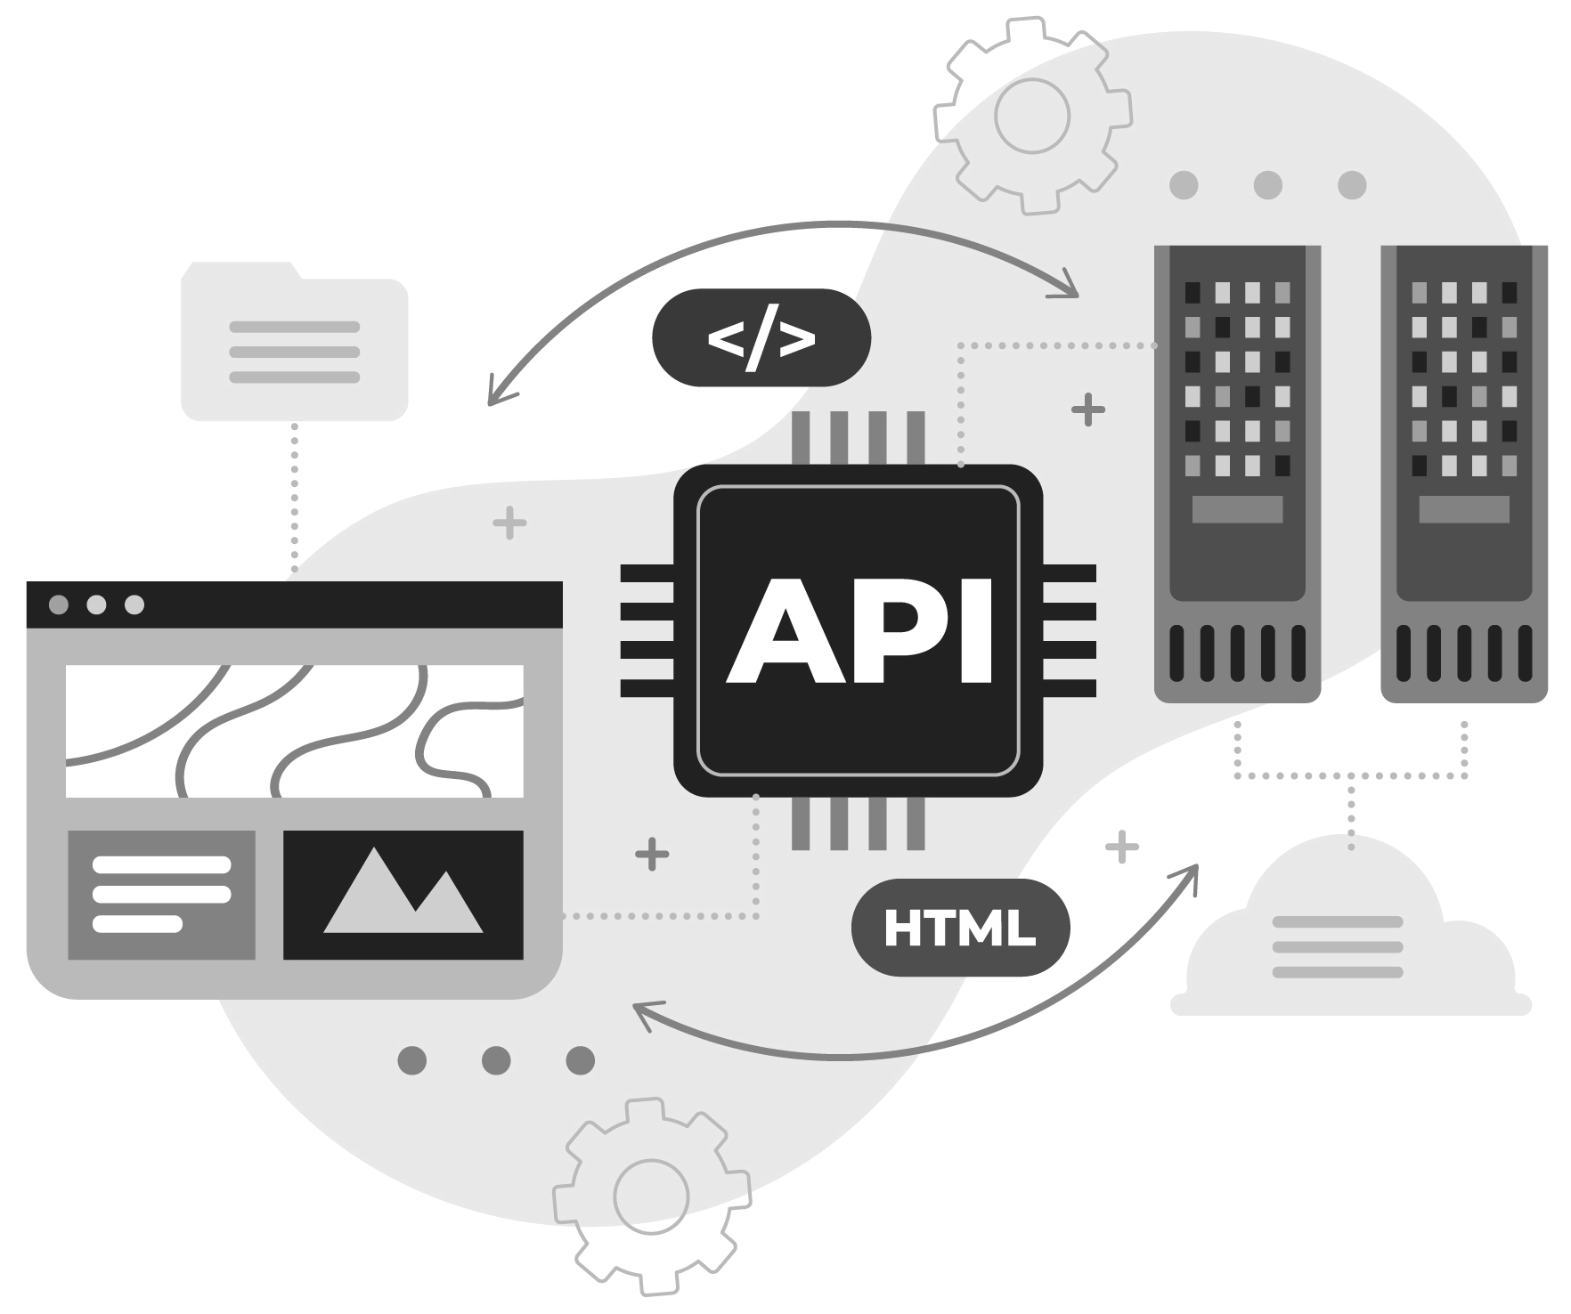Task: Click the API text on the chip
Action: pos(859,630)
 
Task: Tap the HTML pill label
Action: pos(960,928)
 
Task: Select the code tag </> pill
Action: pos(761,337)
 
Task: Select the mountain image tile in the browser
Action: pos(403,894)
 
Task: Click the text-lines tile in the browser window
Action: pos(161,894)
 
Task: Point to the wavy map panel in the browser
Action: pos(294,730)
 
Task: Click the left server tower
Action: pos(1237,472)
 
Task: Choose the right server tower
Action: pos(1463,472)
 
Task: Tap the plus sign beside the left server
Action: pos(1087,410)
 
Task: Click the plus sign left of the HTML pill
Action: pos(652,854)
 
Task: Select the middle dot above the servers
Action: pos(1267,185)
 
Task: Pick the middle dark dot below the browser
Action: pos(496,1060)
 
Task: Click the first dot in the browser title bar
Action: pos(58,605)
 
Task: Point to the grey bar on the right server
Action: pos(1463,509)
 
